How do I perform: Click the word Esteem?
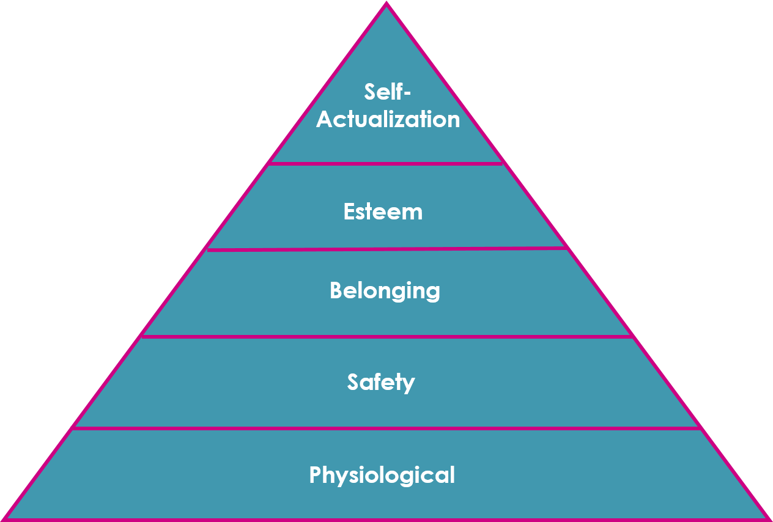383,212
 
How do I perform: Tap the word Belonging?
385,291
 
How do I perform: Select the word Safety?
381,382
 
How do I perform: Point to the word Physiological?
382,475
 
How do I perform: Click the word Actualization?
388,119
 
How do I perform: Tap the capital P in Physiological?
316,474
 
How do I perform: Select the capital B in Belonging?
336,290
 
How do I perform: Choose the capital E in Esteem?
349,211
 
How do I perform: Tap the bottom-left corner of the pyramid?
5,518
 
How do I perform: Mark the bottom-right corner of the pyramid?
768,518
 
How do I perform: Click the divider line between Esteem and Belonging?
385,248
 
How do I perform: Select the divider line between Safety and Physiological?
385,428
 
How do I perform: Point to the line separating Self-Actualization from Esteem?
385,163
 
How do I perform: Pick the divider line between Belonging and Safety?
385,336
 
